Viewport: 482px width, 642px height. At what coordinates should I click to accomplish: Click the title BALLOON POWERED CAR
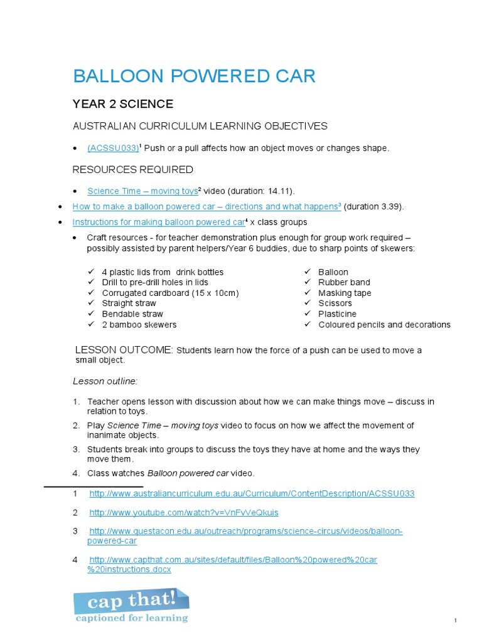tap(194, 76)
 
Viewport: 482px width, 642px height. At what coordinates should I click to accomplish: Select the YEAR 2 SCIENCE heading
tap(122, 104)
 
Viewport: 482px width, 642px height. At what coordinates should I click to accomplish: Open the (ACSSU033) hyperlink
tap(112, 148)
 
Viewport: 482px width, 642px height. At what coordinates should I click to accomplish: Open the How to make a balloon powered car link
tap(206, 206)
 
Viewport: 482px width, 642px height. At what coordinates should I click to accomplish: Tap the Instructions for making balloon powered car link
tap(159, 222)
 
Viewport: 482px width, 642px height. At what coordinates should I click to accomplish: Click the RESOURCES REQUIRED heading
tap(133, 170)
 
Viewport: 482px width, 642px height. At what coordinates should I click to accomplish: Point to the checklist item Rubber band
tap(344, 283)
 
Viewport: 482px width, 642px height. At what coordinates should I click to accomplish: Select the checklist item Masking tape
tap(345, 293)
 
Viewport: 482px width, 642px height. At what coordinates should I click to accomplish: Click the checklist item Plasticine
tap(337, 314)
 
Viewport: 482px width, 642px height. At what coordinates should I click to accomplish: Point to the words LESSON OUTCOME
tap(123, 350)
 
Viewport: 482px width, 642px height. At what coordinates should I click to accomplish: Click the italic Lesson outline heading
tap(105, 381)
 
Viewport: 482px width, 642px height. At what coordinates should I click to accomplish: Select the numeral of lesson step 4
tap(75, 473)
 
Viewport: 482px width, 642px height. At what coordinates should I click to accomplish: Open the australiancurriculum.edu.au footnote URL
tap(252, 493)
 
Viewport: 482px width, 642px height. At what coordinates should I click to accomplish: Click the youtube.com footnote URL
tap(184, 513)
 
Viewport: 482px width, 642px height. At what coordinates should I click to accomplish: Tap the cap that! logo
tap(131, 604)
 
